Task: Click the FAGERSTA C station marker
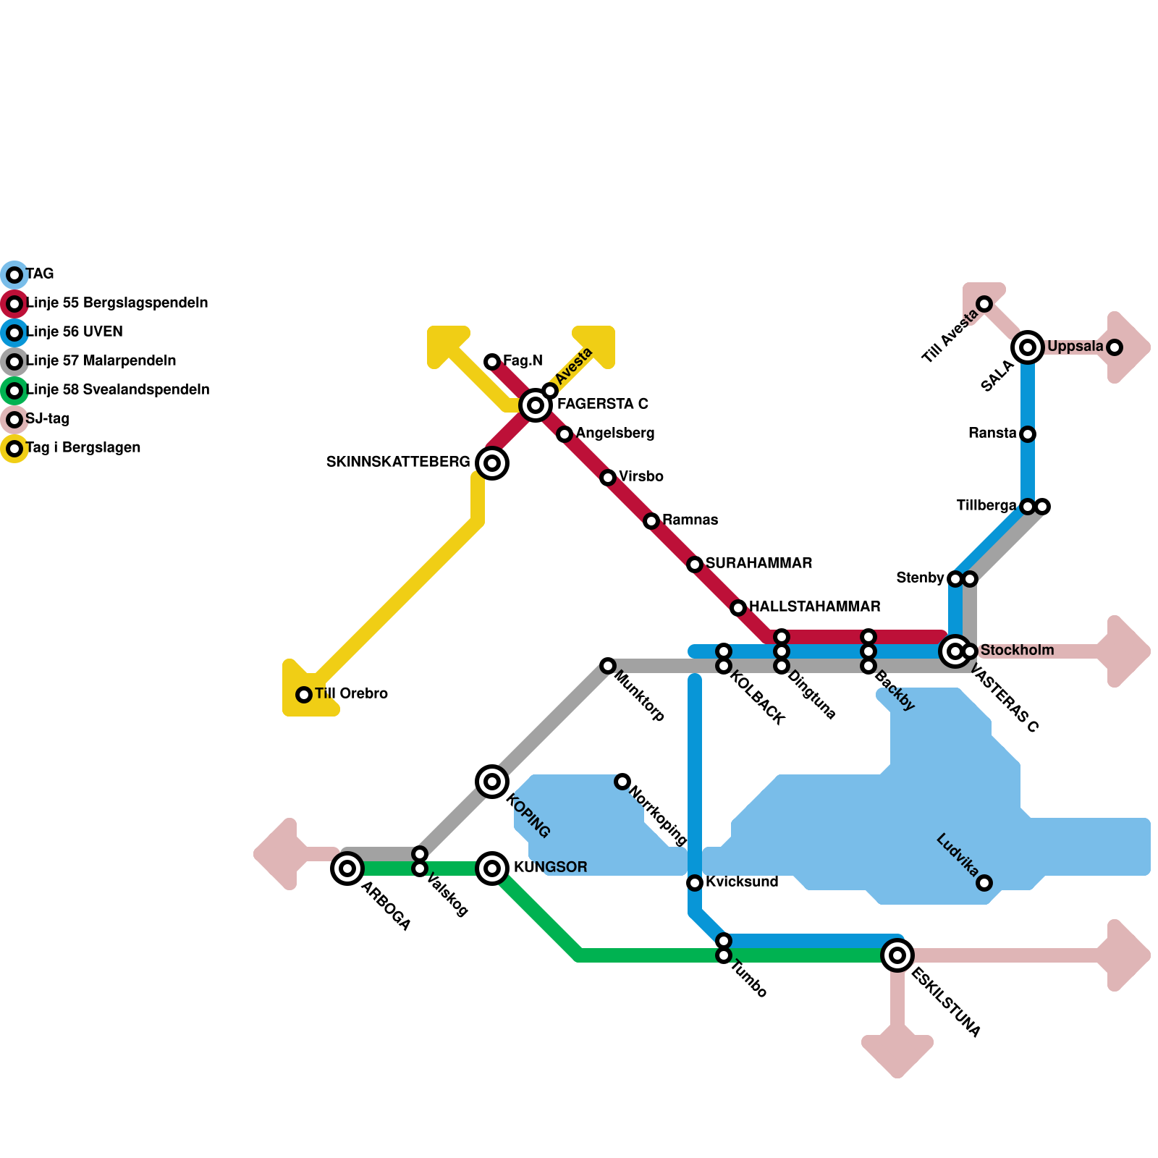[536, 405]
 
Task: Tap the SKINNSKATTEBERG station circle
[492, 463]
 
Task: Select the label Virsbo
[641, 477]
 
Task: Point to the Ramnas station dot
[651, 521]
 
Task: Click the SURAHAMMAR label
[758, 564]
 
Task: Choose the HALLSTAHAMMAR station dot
[738, 608]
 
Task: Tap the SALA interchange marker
[1028, 347]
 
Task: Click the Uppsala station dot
[1115, 347]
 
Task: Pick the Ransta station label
[992, 434]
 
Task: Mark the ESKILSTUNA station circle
[897, 955]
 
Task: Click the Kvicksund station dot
[695, 883]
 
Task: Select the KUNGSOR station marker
[492, 868]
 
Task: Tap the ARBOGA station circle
[347, 868]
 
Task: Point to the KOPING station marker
[492, 782]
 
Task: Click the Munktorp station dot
[608, 666]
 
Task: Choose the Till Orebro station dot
[304, 695]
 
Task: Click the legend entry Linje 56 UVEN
[75, 332]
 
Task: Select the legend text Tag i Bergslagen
[83, 448]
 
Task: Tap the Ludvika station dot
[984, 883]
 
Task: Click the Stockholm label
[1017, 651]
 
